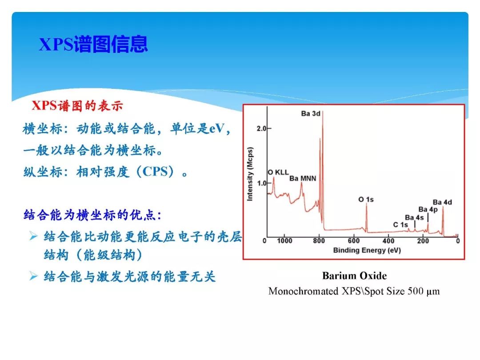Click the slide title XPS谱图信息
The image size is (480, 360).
pyautogui.click(x=93, y=45)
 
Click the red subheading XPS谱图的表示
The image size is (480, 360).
pyautogui.click(x=77, y=106)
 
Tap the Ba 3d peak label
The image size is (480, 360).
pyautogui.click(x=310, y=113)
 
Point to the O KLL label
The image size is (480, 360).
pyautogui.click(x=278, y=172)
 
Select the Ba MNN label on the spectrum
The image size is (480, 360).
pyautogui.click(x=303, y=179)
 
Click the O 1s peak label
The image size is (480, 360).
pyautogui.click(x=366, y=200)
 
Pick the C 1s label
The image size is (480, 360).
pyautogui.click(x=400, y=225)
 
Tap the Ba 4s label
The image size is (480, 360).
pyautogui.click(x=414, y=217)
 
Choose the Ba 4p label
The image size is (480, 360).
pyautogui.click(x=428, y=209)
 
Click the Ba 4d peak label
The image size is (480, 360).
pyautogui.click(x=442, y=202)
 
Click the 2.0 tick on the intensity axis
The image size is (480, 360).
pyautogui.click(x=261, y=128)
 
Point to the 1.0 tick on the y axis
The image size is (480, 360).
pyautogui.click(x=261, y=183)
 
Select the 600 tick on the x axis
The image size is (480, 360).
pyautogui.click(x=354, y=241)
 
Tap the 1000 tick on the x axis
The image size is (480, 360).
pyautogui.click(x=284, y=241)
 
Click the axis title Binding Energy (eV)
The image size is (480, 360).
pyautogui.click(x=367, y=250)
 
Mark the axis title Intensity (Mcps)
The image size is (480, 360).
pyautogui.click(x=250, y=173)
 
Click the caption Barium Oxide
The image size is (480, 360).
pyautogui.click(x=354, y=276)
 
